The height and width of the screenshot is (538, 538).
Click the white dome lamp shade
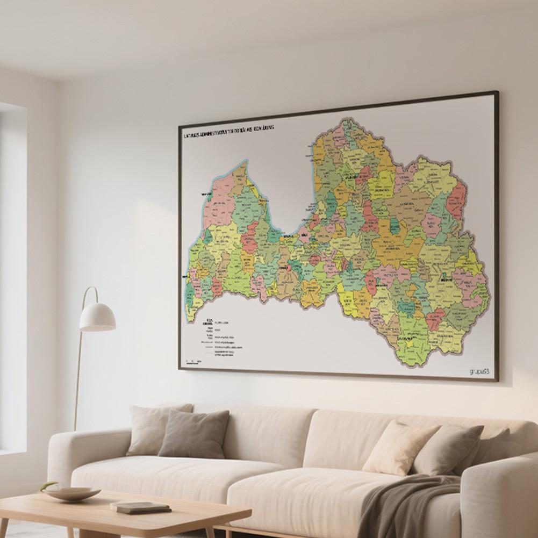click(x=97, y=317)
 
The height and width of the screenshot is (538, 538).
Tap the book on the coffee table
click(x=140, y=506)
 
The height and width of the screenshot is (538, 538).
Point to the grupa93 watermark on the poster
click(x=478, y=371)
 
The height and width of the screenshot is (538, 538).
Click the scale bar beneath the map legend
click(x=192, y=361)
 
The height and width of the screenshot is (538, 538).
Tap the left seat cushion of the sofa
click(x=177, y=473)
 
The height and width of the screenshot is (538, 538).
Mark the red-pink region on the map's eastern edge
click(x=456, y=202)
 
